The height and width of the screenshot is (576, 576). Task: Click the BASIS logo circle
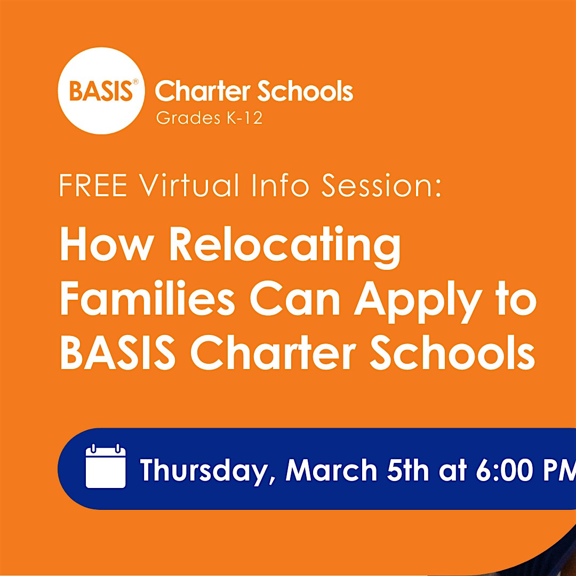pyautogui.click(x=101, y=91)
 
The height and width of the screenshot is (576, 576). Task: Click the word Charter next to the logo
pyautogui.click(x=203, y=92)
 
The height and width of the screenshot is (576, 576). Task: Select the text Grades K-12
pyautogui.click(x=209, y=118)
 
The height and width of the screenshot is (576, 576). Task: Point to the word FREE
pyautogui.click(x=93, y=186)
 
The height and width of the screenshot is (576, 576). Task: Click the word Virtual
pyautogui.click(x=189, y=186)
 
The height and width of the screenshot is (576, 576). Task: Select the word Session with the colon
pyautogui.click(x=381, y=186)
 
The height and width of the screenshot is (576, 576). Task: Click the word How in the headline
pyautogui.click(x=106, y=245)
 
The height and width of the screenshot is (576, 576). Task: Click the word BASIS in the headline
pyautogui.click(x=117, y=354)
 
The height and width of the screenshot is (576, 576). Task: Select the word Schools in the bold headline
pyautogui.click(x=452, y=354)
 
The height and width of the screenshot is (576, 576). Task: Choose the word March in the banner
pyautogui.click(x=331, y=470)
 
